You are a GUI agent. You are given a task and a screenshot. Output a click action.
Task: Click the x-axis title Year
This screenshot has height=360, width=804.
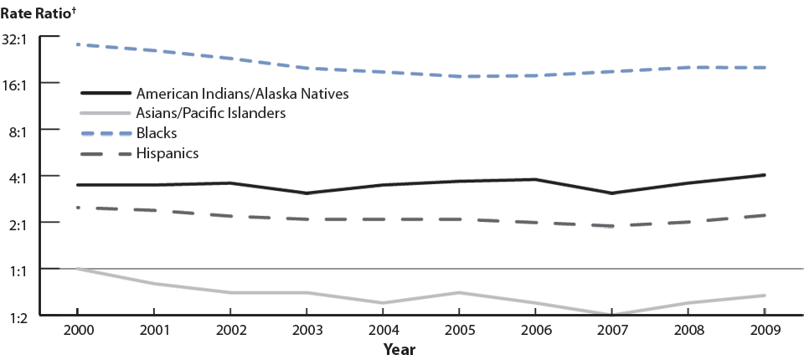point(399,348)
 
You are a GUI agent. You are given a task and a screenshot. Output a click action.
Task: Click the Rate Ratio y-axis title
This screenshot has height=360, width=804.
point(39,12)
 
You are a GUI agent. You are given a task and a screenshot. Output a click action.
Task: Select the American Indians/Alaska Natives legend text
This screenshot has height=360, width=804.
point(241,93)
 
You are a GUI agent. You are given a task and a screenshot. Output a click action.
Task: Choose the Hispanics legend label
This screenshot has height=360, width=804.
point(167,153)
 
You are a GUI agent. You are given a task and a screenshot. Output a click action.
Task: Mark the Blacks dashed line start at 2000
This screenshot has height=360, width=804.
point(77,44)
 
